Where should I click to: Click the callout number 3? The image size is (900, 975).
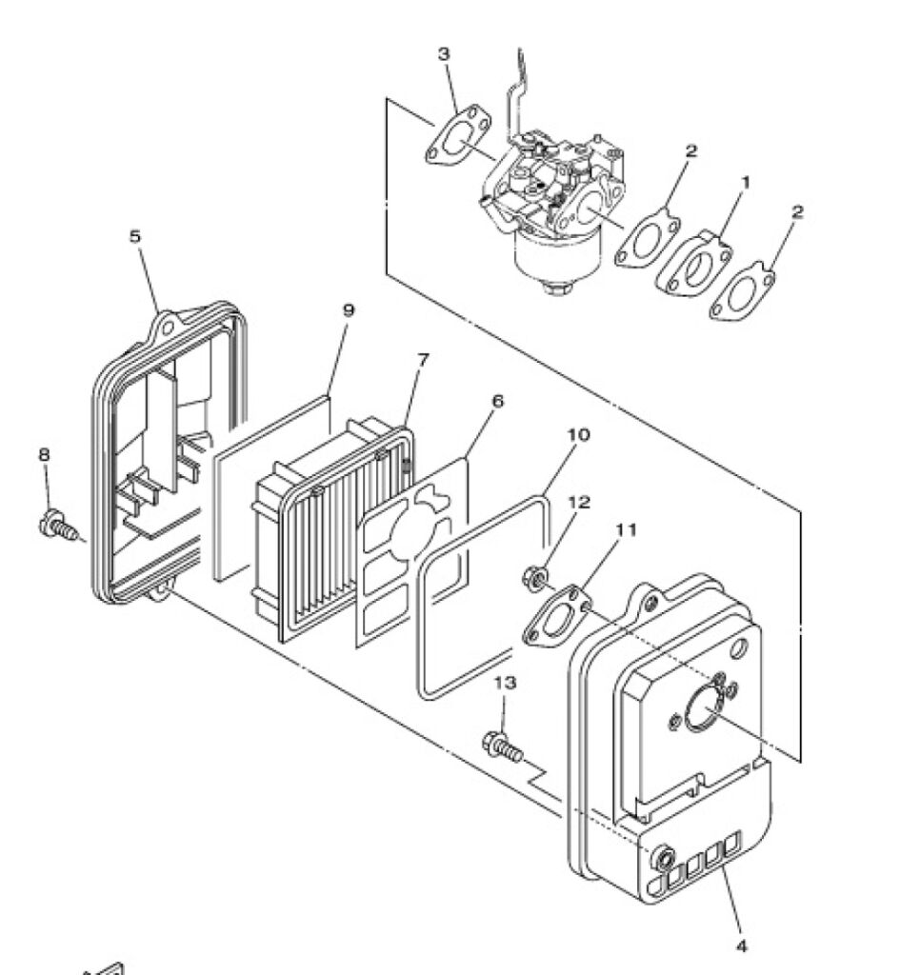click(x=444, y=54)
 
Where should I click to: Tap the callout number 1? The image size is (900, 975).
click(x=745, y=182)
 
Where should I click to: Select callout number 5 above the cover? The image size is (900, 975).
click(x=135, y=236)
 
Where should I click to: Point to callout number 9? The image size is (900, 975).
click(x=349, y=309)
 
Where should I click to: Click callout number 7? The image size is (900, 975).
click(x=423, y=359)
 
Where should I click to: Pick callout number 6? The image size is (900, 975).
click(x=497, y=401)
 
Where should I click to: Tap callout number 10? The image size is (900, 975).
click(x=578, y=434)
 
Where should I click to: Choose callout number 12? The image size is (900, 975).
click(x=579, y=502)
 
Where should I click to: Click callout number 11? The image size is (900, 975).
click(x=627, y=529)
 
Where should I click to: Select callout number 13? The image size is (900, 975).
click(x=505, y=683)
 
